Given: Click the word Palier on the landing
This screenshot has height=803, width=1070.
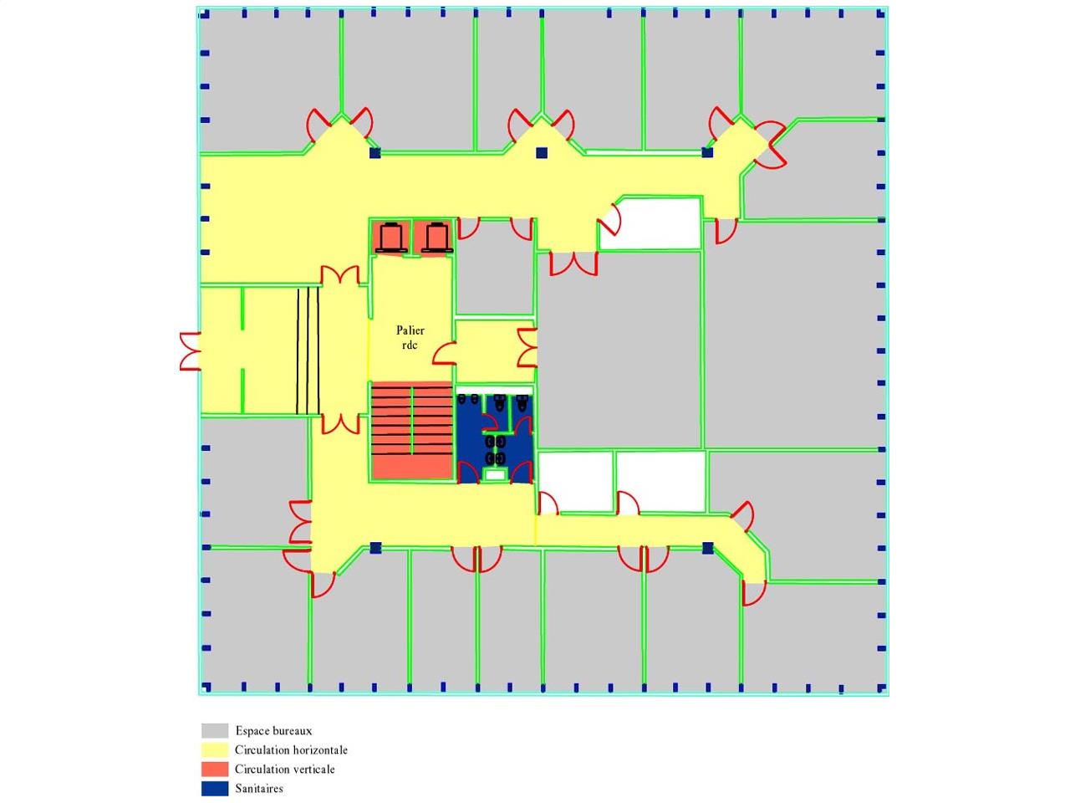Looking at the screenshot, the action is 410,330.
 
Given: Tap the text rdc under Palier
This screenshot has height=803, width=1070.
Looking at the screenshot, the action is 410,345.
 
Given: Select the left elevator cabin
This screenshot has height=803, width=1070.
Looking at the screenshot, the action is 390,238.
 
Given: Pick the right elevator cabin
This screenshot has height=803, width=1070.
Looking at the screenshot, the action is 435,238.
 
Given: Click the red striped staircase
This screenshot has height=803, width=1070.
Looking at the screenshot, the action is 412,430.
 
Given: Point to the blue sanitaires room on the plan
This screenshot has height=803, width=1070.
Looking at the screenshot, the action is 494,438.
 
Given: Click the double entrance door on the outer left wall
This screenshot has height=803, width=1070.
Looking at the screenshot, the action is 191,351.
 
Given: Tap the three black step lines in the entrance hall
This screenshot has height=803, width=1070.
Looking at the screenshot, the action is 308,350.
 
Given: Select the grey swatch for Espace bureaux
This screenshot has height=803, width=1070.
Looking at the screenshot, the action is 215,730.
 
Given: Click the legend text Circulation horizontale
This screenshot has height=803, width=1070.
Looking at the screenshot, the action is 291,749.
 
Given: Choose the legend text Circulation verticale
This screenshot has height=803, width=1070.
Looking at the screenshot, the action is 285,770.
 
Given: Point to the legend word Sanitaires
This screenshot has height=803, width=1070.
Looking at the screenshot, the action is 259,789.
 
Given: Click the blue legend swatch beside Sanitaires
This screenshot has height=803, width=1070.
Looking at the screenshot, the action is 215,789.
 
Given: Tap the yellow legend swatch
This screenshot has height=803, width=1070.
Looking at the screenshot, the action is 215,749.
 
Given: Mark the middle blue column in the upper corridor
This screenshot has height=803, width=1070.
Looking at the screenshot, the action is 542,152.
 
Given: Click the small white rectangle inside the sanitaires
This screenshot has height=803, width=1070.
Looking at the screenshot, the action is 495,474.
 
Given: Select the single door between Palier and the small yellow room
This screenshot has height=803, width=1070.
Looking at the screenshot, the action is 445,353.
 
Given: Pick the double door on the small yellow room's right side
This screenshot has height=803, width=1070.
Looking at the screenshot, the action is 527,347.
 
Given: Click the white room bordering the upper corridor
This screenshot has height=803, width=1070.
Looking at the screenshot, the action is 650,223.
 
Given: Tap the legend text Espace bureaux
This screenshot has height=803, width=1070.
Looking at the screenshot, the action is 273,731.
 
